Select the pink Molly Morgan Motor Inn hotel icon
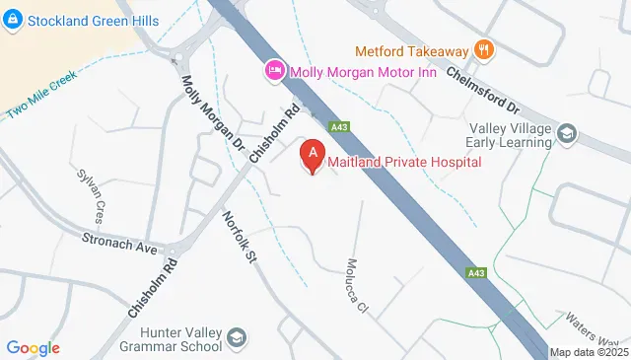[274, 70]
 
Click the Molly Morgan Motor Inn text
[361, 70]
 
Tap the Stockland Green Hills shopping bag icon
[13, 21]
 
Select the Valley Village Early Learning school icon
[567, 132]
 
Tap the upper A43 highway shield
[340, 126]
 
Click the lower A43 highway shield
[476, 272]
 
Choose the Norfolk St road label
[240, 238]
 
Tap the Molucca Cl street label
[356, 287]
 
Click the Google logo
[34, 347]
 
